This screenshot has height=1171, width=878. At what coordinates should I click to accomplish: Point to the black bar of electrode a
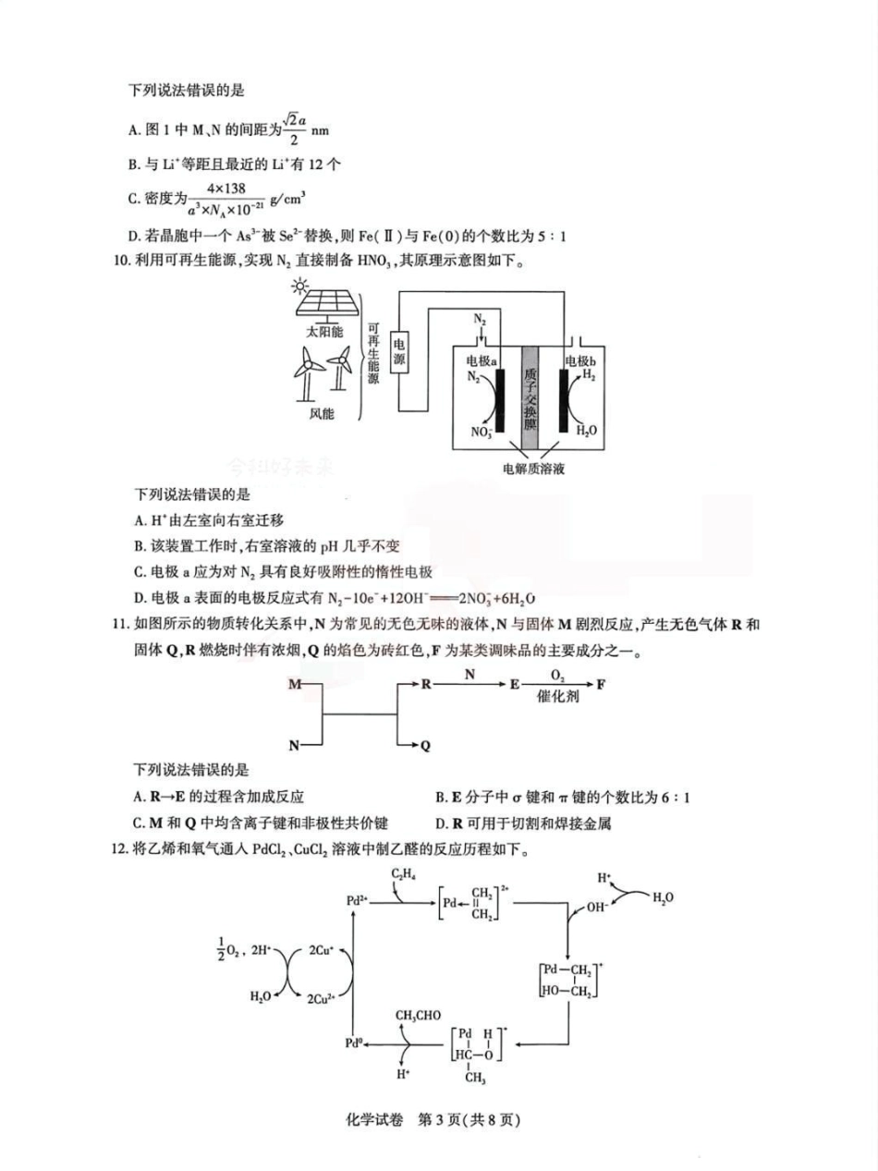(x=500, y=400)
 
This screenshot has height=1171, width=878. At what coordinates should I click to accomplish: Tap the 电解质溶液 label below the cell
(x=533, y=469)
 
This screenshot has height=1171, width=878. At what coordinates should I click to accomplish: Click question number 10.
(x=120, y=262)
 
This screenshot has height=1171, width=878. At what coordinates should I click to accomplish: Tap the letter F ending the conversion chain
(x=602, y=686)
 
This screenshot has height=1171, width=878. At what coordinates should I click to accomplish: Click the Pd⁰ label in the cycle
(x=353, y=1043)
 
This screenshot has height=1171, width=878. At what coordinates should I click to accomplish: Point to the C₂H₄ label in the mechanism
(x=403, y=873)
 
